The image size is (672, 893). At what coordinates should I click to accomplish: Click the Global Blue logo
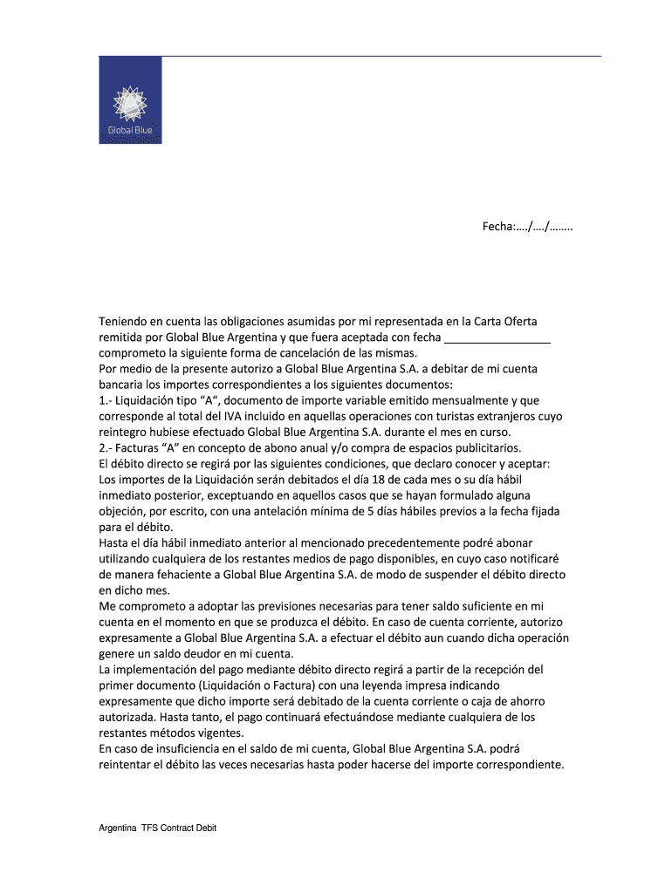click(130, 100)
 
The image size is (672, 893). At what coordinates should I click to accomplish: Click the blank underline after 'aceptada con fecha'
click(497, 337)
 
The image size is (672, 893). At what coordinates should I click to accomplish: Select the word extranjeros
click(513, 416)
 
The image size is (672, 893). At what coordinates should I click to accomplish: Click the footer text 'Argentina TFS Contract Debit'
click(157, 828)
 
